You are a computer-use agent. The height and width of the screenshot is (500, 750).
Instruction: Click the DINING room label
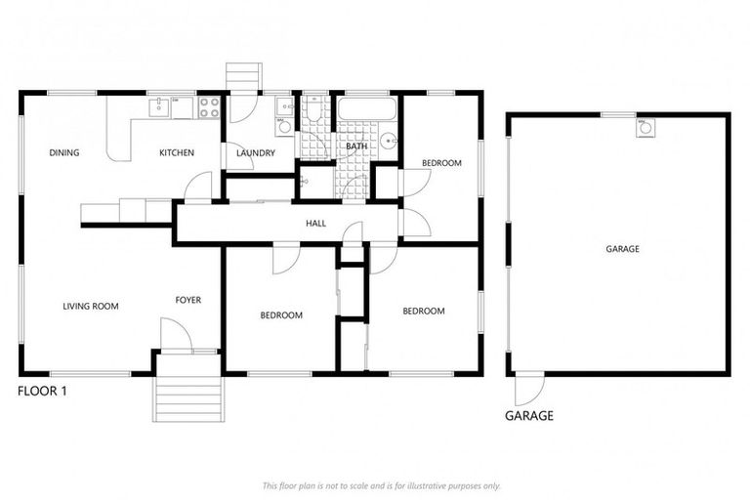(x=64, y=152)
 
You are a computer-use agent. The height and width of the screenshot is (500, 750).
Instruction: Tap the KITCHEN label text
(x=177, y=152)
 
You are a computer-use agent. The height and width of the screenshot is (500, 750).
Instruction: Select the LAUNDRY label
(x=256, y=153)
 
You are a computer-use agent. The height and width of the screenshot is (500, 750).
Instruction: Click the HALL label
(x=315, y=224)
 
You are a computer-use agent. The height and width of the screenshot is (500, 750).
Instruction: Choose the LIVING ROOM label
(x=90, y=306)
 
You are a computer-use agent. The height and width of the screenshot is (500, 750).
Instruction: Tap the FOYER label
(x=188, y=300)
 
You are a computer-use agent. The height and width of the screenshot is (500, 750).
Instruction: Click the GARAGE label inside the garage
(x=622, y=249)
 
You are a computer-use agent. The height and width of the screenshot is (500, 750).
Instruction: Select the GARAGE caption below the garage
(x=528, y=415)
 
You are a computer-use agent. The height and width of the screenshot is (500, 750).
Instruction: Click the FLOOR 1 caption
(x=42, y=391)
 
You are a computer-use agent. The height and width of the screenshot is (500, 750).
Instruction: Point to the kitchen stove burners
(x=209, y=107)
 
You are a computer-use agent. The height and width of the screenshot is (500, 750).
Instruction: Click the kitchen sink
(x=157, y=106)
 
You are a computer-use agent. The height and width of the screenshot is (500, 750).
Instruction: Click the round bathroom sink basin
(x=390, y=141)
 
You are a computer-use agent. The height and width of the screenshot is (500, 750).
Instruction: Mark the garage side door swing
(x=528, y=390)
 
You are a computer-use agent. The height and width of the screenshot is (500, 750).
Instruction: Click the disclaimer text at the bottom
(x=381, y=485)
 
